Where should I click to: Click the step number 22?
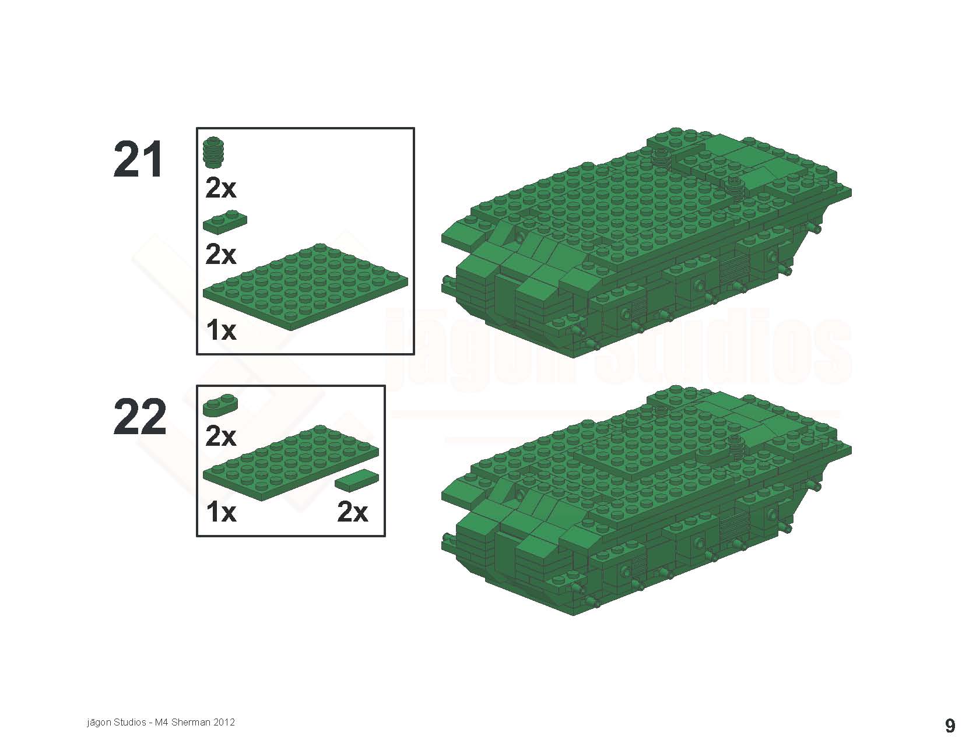point(139,417)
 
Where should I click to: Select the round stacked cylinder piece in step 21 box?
point(214,152)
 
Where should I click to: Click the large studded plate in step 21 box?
point(306,286)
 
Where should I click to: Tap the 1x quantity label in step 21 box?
point(222,330)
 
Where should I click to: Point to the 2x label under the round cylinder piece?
point(221,188)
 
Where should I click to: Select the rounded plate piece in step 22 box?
point(220,405)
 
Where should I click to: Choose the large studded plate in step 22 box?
point(291,463)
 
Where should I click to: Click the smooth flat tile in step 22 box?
point(357,480)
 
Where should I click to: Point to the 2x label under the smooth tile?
point(352,512)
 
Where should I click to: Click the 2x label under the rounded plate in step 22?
point(221,436)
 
